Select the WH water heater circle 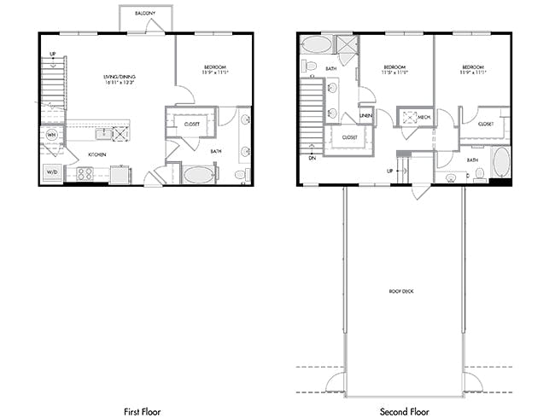[x=51, y=135]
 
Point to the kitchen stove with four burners [x=85, y=173]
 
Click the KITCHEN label [x=97, y=154]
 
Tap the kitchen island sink [x=104, y=133]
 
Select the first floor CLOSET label [x=192, y=123]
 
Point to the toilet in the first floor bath [x=240, y=174]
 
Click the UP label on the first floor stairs [x=52, y=54]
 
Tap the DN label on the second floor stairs [x=312, y=157]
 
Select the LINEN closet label [x=366, y=115]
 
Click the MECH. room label [x=424, y=117]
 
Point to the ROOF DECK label [x=401, y=292]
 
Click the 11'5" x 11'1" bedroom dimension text [x=396, y=74]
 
